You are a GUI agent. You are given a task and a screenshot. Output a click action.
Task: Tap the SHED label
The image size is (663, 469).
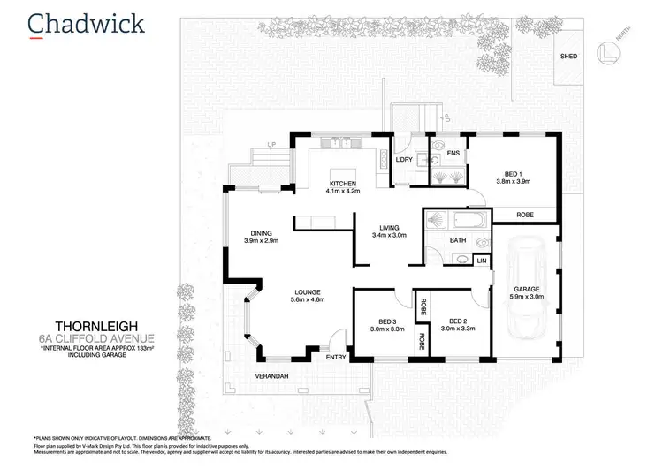[x=568, y=56]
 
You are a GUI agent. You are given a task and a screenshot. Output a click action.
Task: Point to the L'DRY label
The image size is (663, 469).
[x=405, y=159]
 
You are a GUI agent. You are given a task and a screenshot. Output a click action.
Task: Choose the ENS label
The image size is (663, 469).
[x=453, y=154]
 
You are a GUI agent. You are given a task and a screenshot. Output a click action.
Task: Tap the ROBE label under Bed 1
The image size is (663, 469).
[x=525, y=214]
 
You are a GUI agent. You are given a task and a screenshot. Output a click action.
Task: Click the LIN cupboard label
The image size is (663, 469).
[x=481, y=261]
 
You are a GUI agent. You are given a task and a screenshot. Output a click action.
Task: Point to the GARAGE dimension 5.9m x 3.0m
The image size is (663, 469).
[x=525, y=297]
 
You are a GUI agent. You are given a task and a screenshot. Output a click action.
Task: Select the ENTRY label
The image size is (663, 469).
[x=311, y=358]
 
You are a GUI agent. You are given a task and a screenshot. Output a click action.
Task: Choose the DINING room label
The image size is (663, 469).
[x=260, y=234]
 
